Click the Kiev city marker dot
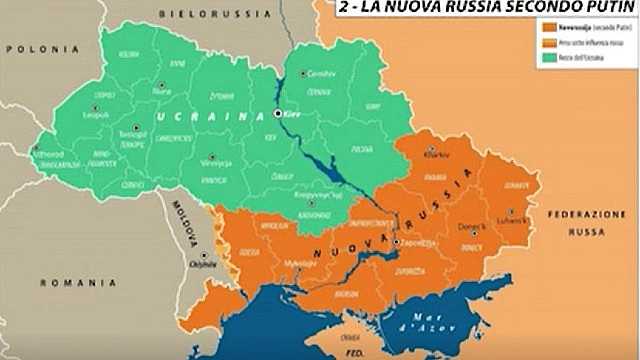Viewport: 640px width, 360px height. (278, 115)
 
